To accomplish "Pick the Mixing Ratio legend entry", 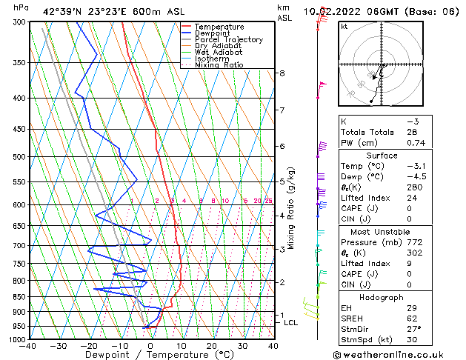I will (219, 65).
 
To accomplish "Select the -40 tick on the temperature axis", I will (28, 345).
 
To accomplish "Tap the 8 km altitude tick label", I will (282, 73).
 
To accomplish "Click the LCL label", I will (290, 323).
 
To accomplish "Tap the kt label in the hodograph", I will (344, 27).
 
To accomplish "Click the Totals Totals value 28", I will (412, 132).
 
